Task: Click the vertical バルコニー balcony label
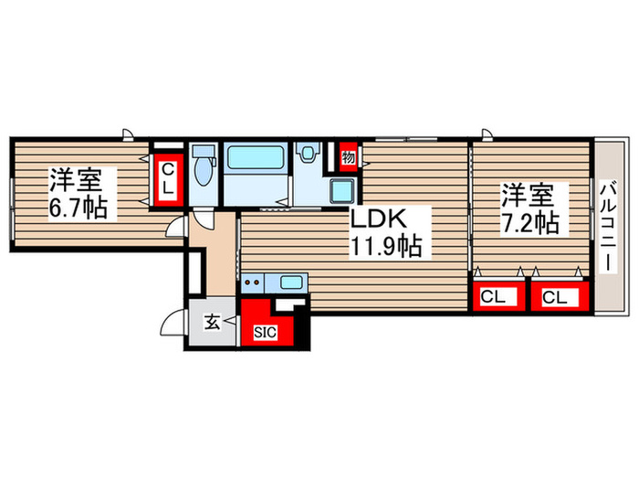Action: (609, 223)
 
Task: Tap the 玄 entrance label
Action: (211, 323)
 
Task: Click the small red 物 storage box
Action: (347, 157)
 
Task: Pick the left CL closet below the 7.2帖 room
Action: (493, 296)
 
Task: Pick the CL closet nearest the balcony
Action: (558, 296)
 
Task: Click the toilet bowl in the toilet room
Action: (204, 168)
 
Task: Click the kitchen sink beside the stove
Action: (291, 283)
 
